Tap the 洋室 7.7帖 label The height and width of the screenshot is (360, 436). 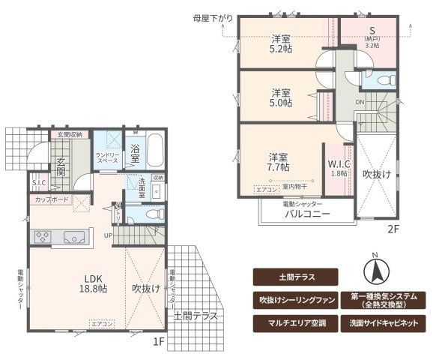click(x=278, y=163)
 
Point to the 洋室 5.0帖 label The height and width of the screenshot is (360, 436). click(x=282, y=98)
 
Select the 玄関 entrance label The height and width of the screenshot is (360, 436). click(x=60, y=166)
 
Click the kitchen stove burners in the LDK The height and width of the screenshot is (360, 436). click(x=42, y=238)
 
